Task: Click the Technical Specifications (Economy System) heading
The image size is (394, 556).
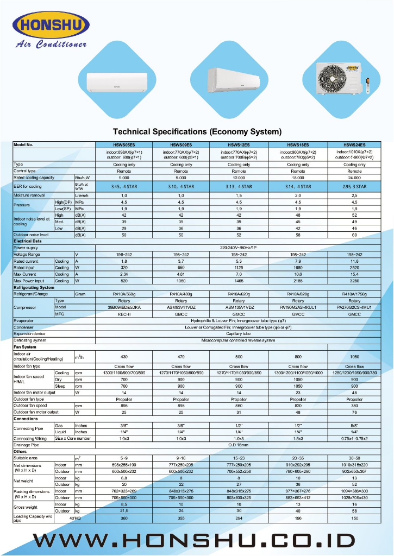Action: (x=197, y=131)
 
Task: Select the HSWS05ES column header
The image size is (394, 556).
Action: (x=123, y=145)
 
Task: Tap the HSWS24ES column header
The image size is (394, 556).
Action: (x=354, y=145)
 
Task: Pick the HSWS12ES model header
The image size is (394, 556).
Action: (x=239, y=145)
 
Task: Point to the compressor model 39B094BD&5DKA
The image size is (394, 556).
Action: (x=124, y=307)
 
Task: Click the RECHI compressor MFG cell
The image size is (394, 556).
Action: (x=124, y=314)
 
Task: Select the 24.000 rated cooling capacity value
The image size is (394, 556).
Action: (x=354, y=178)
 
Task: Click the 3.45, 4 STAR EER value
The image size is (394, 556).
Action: (x=124, y=186)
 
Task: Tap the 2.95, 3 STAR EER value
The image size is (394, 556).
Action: (x=354, y=186)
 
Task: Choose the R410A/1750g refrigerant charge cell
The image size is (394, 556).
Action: (x=354, y=294)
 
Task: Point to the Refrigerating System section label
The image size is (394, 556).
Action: (x=34, y=287)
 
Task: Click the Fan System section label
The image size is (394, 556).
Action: (x=25, y=347)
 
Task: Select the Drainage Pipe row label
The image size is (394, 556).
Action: (x=28, y=445)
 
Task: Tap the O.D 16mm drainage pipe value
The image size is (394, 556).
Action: (x=239, y=445)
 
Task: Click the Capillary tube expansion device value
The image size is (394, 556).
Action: (x=239, y=333)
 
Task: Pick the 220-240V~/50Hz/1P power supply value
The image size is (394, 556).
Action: (x=239, y=248)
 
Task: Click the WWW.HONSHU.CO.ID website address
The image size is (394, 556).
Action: (x=197, y=540)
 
